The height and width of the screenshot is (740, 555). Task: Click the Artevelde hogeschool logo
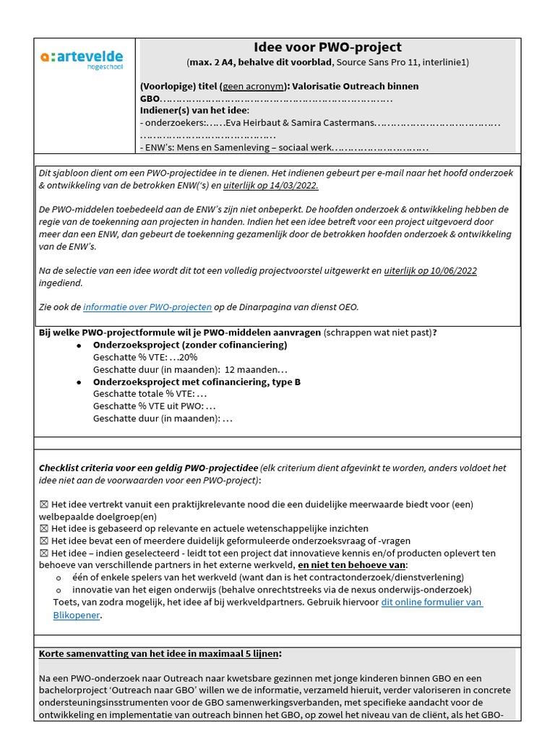(x=82, y=58)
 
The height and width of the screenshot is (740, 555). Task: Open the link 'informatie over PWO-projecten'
(x=147, y=307)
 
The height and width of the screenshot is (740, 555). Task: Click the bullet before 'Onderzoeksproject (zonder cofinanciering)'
(x=79, y=345)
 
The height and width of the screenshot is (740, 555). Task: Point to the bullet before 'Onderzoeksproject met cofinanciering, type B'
(x=79, y=382)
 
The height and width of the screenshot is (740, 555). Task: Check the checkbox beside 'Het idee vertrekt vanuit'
(x=44, y=504)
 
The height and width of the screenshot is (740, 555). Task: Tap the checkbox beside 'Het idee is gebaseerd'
(x=44, y=529)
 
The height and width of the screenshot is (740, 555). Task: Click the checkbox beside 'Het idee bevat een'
(x=44, y=541)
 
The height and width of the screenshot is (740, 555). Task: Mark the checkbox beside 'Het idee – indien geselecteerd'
(x=44, y=554)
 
